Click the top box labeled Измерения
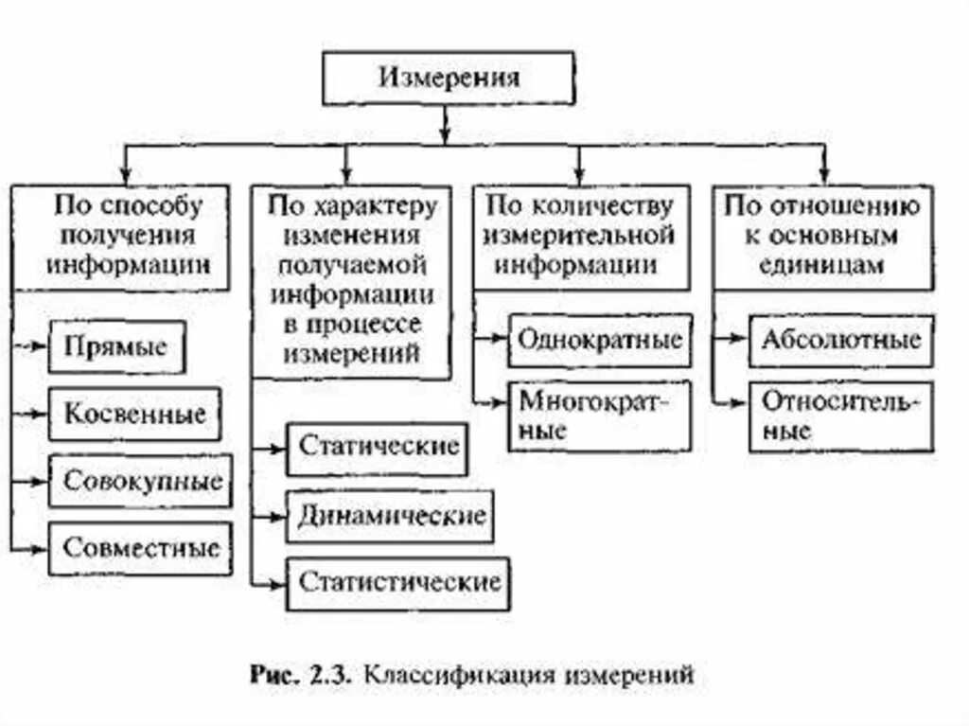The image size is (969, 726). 449,78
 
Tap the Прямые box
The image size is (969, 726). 115,346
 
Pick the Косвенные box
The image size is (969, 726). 135,414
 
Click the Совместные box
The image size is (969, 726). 140,547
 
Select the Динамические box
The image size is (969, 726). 390,516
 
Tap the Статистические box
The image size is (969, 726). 398,582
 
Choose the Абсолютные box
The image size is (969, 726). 841,340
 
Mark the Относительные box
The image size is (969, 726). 841,414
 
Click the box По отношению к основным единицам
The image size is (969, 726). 822,236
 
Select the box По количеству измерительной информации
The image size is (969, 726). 581,236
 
